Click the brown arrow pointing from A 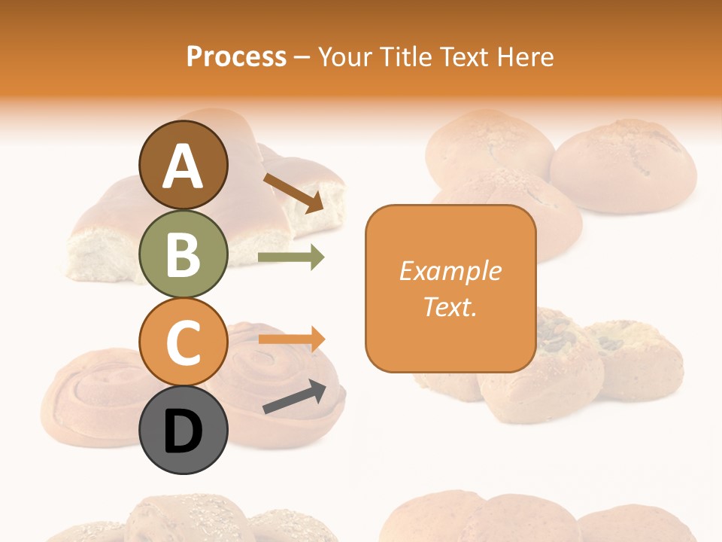pos(293,192)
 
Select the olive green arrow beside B pos(291,257)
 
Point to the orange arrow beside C pos(291,340)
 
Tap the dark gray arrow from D pos(294,397)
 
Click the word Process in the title pos(236,57)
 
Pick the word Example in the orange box pos(450,271)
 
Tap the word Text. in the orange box pos(450,306)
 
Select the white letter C pos(183,343)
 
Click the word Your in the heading pos(344,57)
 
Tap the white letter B pos(183,254)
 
